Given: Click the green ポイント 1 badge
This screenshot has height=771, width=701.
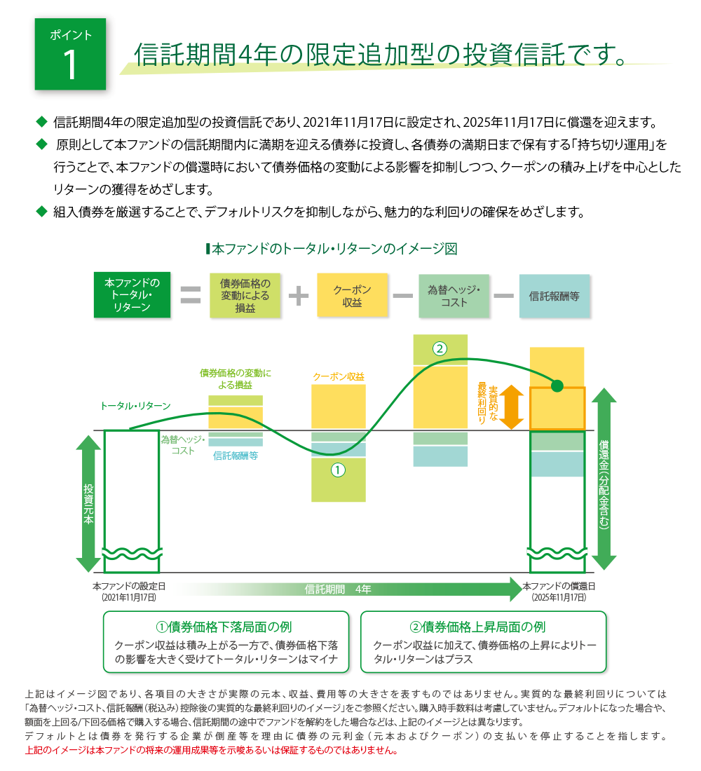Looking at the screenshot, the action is point(70,54).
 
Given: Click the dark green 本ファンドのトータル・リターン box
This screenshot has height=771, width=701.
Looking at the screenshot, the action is point(132,294).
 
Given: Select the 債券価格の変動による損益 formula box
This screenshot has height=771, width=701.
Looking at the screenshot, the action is point(245,296).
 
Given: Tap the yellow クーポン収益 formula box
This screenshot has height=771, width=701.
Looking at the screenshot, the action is point(352,296).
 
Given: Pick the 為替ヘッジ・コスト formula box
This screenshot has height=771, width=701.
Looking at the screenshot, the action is point(454,296).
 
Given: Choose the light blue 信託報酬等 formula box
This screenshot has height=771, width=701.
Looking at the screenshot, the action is point(554,296).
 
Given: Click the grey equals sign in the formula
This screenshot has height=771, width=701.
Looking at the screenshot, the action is point(191,295).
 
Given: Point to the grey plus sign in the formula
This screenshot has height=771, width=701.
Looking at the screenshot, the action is point(299,296).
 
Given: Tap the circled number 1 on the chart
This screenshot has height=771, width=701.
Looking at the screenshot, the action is point(338,470).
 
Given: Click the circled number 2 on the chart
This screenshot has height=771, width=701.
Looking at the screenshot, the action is point(440,348).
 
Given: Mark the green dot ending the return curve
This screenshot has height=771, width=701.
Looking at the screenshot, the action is point(557,386).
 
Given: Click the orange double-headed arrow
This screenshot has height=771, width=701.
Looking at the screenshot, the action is point(512,407).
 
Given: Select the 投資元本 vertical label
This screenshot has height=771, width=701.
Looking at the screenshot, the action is point(88,504).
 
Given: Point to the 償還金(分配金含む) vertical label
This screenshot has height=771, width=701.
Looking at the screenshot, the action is point(604,484).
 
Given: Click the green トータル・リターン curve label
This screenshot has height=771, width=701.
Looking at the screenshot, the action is point(135,406).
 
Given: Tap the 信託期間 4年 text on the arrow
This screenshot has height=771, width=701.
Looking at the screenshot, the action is point(337,589).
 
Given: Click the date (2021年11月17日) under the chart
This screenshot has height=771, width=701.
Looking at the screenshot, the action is point(129,597).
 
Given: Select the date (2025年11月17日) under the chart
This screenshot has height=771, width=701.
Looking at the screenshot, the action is point(559,597).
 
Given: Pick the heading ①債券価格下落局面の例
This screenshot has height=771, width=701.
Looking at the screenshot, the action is point(224,627).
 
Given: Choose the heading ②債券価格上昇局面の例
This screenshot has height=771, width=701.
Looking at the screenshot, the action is point(477,627).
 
